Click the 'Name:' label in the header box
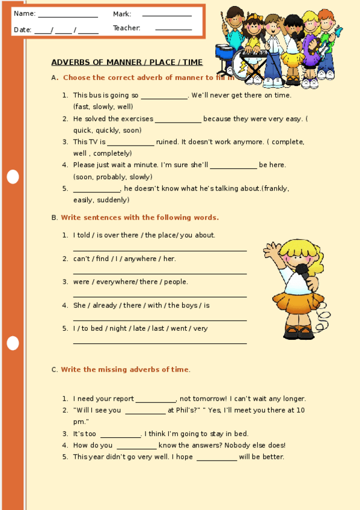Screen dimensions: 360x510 click(25, 14)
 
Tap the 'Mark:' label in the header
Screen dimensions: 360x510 click(122, 14)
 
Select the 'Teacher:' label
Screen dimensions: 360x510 click(127, 28)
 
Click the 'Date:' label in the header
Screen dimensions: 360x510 click(23, 29)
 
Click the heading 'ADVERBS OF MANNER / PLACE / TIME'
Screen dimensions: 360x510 click(127, 63)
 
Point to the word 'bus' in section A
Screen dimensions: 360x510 click(96, 95)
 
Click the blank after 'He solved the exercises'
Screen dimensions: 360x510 click(178, 120)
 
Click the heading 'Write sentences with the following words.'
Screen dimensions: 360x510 click(140, 217)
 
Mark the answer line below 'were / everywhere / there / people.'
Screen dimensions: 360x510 click(160, 296)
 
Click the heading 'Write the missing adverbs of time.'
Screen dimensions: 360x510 click(125, 369)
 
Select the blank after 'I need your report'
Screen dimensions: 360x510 click(155, 399)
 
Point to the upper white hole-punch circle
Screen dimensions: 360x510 click(13, 176)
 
